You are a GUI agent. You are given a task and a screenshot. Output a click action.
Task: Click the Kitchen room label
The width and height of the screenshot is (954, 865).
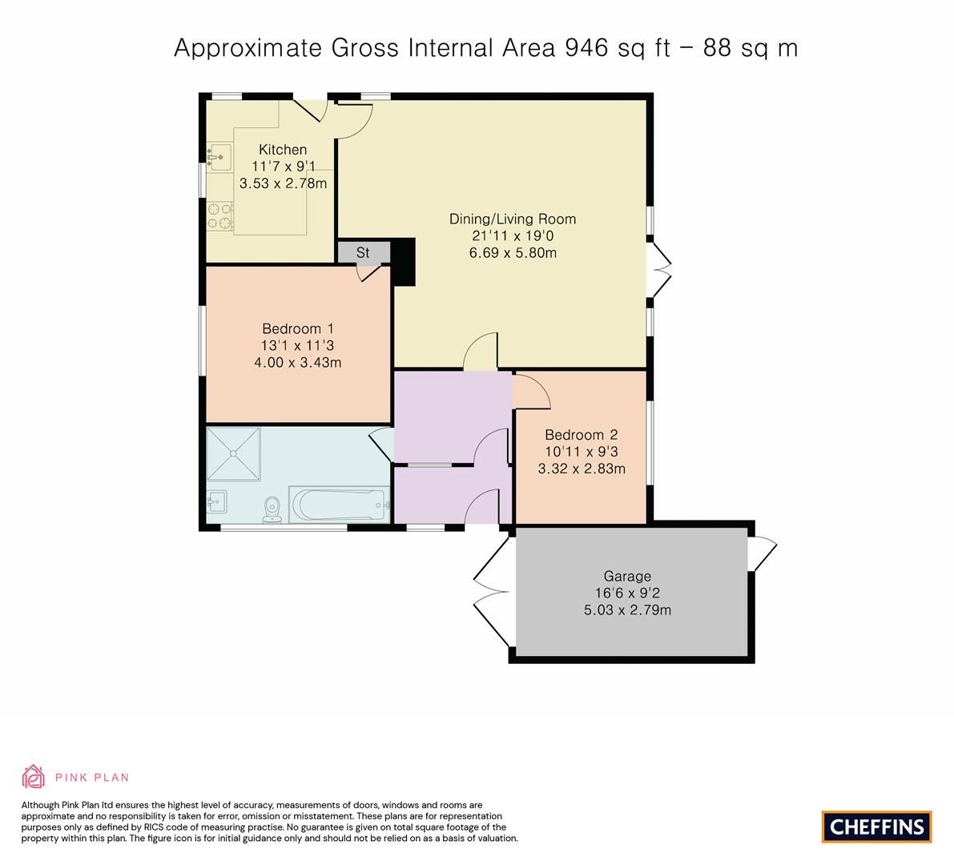pos(283,150)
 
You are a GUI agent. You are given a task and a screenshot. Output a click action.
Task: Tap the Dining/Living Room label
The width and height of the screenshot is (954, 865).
pos(513,219)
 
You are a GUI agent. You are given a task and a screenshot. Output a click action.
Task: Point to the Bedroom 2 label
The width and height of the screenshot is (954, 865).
pos(581,435)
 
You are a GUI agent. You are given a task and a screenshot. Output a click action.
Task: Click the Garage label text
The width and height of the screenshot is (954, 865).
pos(627,576)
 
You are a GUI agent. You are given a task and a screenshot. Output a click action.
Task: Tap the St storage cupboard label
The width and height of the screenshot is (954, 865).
pos(363,252)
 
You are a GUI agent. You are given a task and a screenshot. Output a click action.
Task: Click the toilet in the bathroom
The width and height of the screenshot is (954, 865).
pos(272,509)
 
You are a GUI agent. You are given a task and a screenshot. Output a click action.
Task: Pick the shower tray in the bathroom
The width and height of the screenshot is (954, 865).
pos(234,454)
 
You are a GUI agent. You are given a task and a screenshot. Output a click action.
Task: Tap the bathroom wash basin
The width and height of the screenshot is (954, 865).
pos(216,502)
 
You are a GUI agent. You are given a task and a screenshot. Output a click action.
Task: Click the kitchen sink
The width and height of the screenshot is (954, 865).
pos(219,156)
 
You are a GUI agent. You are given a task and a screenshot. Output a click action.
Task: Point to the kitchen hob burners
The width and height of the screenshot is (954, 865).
pos(219,216)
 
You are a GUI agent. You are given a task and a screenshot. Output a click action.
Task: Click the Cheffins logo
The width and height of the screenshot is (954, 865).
pos(877,827)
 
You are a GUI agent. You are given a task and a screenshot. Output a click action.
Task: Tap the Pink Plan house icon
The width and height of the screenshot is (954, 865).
pos(33,777)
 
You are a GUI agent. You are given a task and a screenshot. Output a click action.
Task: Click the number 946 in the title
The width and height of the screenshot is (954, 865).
pos(587,48)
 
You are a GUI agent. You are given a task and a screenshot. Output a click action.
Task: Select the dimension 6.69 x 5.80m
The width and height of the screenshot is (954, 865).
pos(513,253)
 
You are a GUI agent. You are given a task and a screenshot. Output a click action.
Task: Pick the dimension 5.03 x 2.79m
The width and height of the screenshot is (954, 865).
pos(627,610)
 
